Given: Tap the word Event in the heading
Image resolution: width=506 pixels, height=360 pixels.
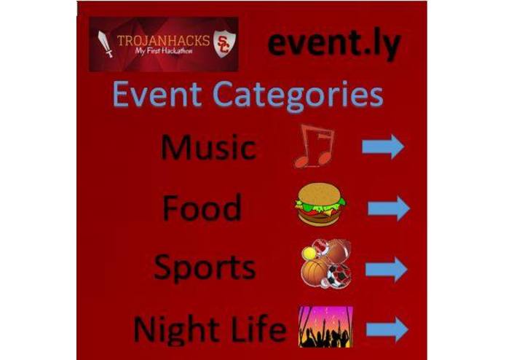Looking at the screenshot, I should click(x=155, y=97).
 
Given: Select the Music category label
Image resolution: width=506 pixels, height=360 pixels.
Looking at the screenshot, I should click(x=207, y=147).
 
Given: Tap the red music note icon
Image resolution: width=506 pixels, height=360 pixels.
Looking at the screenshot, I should click(x=314, y=145).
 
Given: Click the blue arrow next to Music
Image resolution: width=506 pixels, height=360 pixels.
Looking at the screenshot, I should click(x=383, y=146).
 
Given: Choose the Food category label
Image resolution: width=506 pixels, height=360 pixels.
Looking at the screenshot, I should click(x=202, y=208).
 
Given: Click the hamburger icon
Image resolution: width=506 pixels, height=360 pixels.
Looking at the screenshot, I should click(x=320, y=206).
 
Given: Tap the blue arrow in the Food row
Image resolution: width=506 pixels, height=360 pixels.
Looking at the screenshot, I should click(x=388, y=208).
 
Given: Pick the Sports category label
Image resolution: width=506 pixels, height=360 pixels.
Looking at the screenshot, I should click(x=205, y=267).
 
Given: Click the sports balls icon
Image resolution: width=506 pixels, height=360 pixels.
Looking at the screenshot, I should click(x=326, y=264).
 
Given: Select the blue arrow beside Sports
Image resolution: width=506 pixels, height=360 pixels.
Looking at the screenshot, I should click(x=386, y=269).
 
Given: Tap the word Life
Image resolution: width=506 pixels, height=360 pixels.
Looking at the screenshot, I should click(x=256, y=329).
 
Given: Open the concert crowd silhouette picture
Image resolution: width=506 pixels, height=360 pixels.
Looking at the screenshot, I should click(x=325, y=326).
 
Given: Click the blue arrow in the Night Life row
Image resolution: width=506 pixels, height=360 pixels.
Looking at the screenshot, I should click(x=387, y=329).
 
